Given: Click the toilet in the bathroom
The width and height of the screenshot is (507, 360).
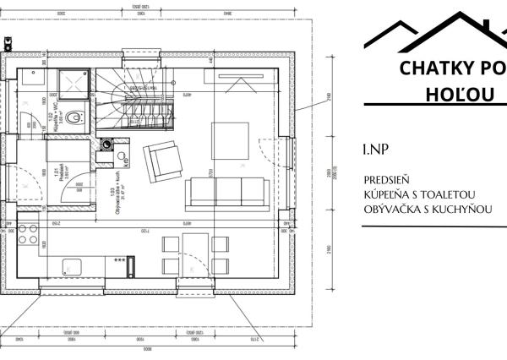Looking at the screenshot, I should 76,117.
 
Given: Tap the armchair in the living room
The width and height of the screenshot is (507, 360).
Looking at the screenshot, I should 161,159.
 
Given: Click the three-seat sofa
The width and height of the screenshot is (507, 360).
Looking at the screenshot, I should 226,192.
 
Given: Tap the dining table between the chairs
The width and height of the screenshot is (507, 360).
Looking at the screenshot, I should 195,254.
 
